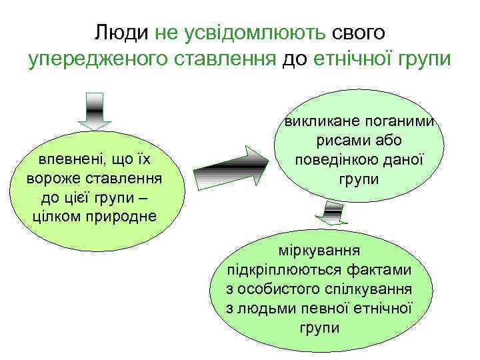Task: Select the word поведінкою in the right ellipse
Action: pos(331,160)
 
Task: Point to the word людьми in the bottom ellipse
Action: pos(263,309)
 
